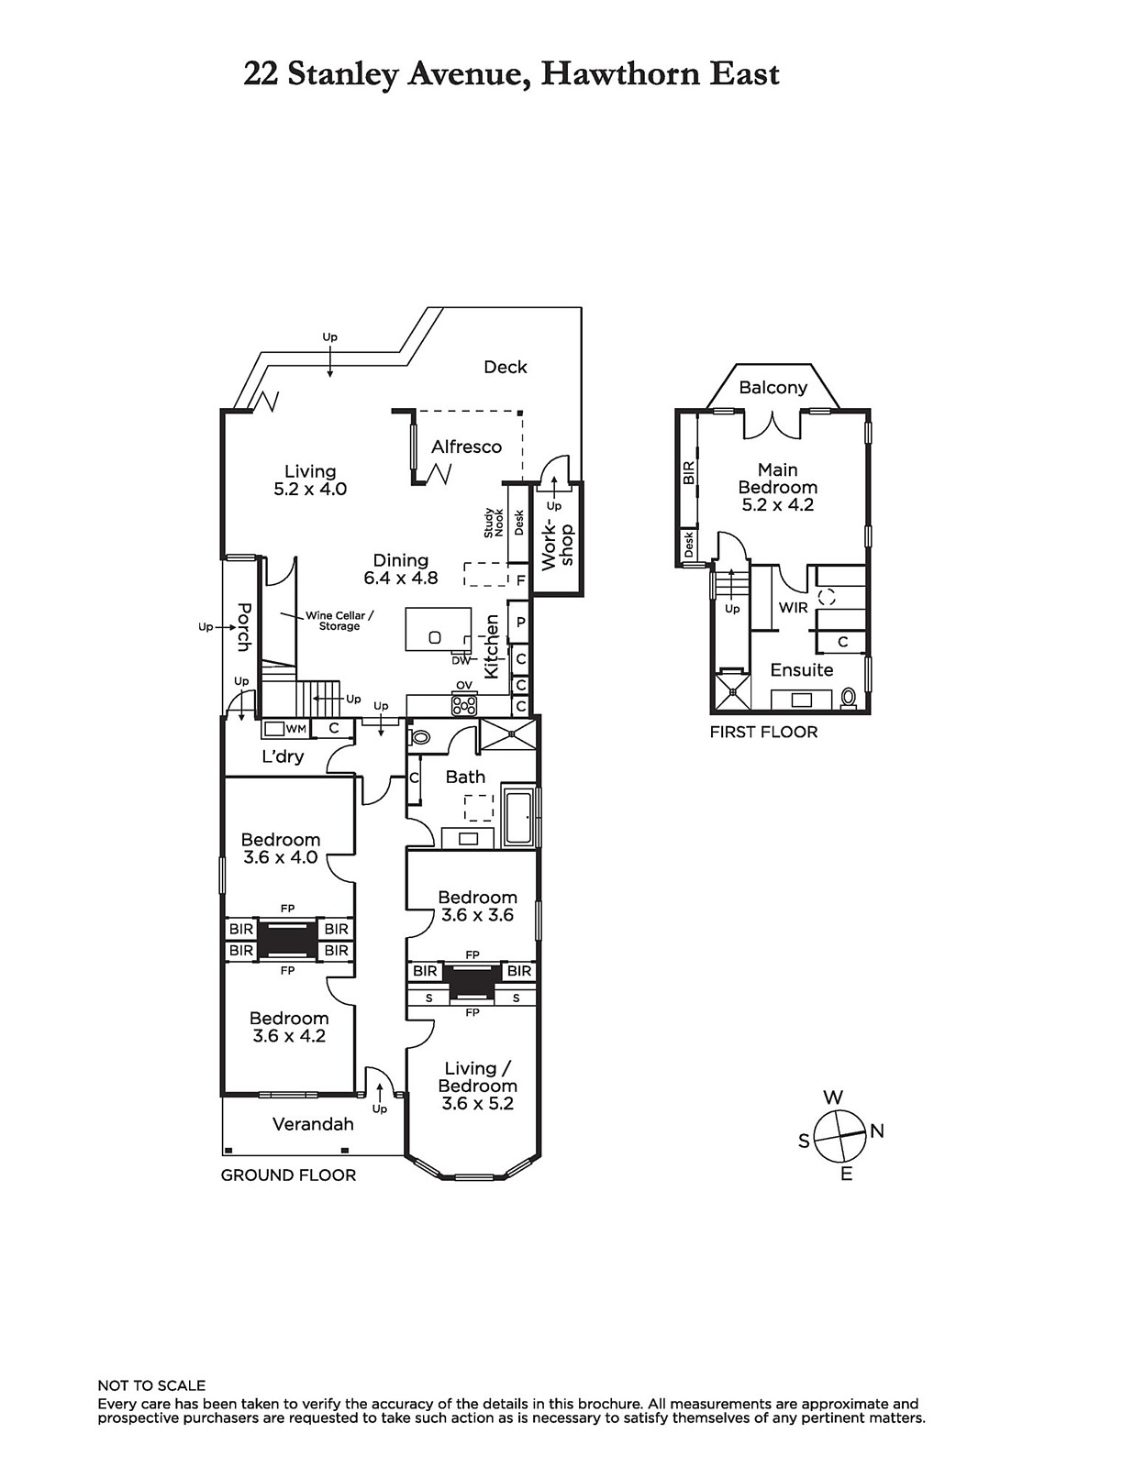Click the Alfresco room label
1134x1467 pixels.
[466, 447]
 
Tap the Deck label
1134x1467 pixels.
[506, 368]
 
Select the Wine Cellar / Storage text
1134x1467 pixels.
[339, 621]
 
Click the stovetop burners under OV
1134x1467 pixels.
[464, 705]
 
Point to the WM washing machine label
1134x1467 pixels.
[295, 728]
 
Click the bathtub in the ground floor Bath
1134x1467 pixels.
[518, 820]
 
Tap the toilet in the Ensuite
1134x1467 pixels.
[848, 698]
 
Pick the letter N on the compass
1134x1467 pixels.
[877, 1131]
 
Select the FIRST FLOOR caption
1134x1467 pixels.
[763, 732]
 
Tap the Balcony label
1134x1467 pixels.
[773, 388]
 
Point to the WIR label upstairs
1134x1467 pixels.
[793, 608]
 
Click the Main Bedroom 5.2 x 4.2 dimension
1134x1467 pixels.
[777, 505]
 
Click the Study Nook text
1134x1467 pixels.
[494, 522]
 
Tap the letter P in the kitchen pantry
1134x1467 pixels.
[521, 622]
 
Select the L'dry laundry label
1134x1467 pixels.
[283, 756]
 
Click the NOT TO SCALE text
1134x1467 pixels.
[151, 1386]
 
